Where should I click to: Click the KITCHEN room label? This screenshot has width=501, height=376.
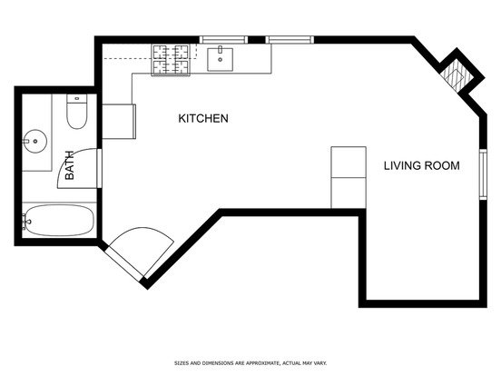point(203,118)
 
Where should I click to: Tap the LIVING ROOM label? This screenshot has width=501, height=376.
point(422,165)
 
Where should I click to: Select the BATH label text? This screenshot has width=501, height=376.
point(69,165)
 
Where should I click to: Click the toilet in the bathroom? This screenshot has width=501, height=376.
point(76,112)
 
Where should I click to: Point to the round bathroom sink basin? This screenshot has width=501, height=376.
point(35,141)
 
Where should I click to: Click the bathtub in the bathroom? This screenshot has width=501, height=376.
point(59,221)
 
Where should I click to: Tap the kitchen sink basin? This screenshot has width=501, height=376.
point(220,59)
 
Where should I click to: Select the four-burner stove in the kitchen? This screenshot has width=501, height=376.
point(171,60)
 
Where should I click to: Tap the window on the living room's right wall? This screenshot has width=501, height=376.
point(483,174)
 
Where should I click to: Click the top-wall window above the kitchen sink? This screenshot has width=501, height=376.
point(223,40)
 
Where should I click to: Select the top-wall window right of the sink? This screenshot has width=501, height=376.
point(290,40)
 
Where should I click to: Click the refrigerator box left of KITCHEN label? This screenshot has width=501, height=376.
point(119,122)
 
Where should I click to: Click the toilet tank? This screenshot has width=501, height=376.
point(76,98)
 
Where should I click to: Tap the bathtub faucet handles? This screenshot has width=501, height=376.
point(25,222)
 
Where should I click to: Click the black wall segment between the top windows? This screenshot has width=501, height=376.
point(257,40)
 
